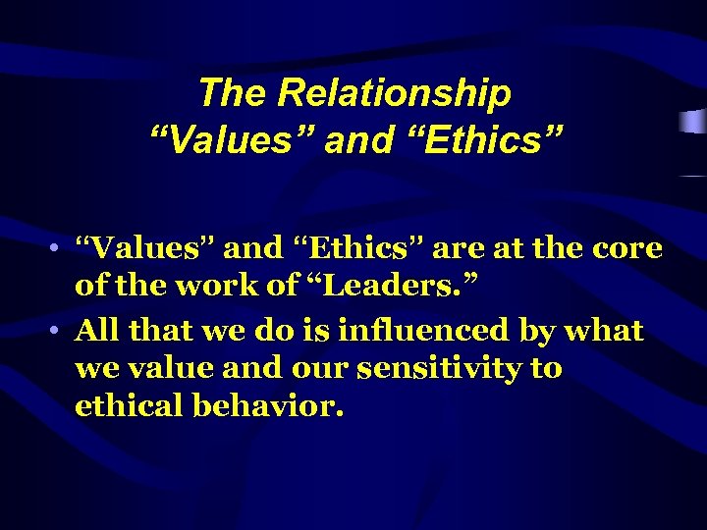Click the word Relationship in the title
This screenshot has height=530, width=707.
point(395,94)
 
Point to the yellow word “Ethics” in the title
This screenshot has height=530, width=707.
point(470,139)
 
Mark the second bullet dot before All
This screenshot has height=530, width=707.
point(61,331)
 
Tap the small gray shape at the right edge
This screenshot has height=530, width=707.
point(693,123)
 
